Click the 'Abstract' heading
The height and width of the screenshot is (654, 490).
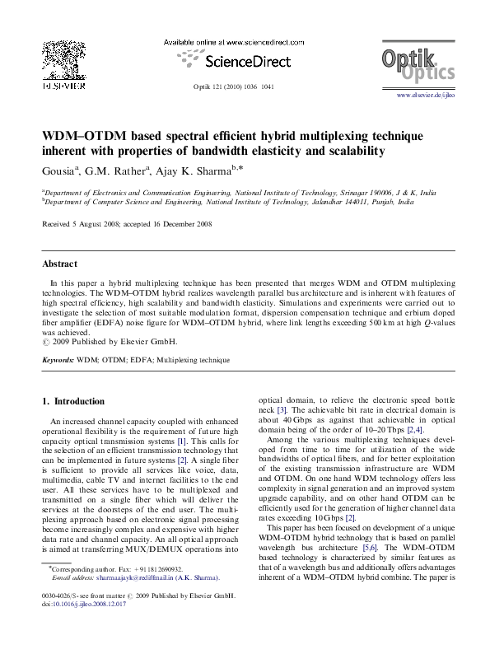tap(59, 264)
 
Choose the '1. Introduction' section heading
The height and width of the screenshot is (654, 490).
tap(73, 401)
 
